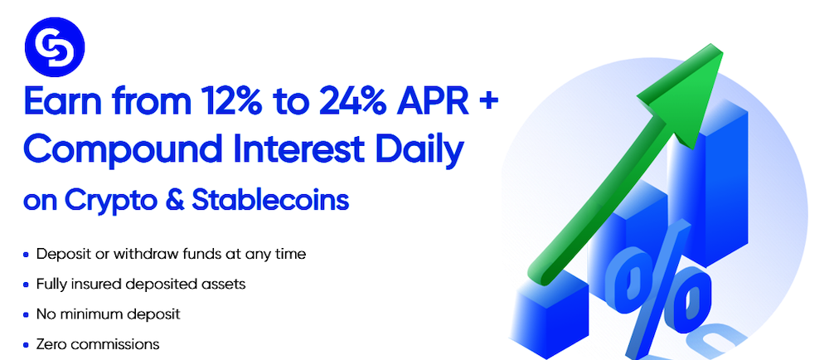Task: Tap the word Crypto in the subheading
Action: [x=109, y=202]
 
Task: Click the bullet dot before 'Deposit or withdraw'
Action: [x=27, y=255]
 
